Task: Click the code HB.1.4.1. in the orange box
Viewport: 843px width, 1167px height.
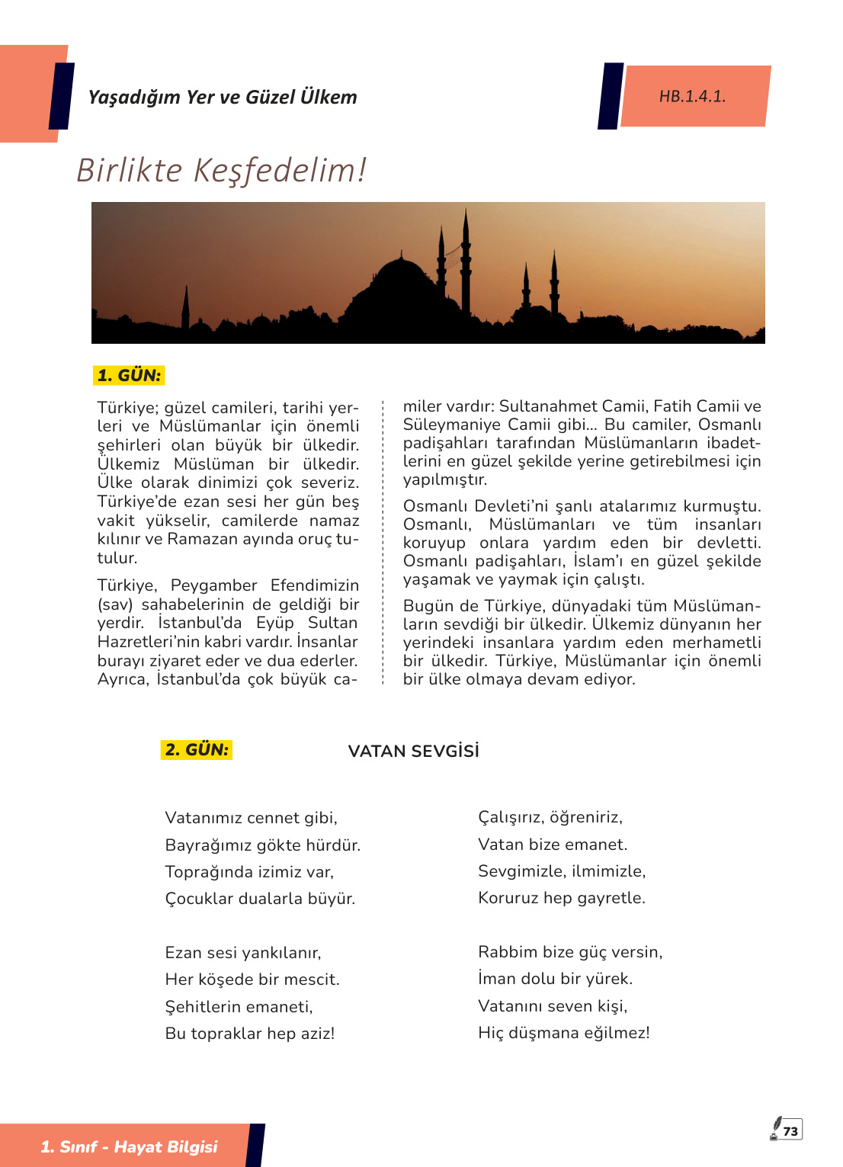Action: coord(692,97)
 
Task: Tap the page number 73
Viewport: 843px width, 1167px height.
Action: coord(791,1131)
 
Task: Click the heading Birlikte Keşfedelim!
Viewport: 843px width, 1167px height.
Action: coord(222,170)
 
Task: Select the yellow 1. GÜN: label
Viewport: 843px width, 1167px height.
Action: coord(129,375)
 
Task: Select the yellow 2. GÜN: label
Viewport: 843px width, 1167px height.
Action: coord(197,749)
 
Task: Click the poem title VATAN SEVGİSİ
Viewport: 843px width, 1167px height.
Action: coord(413,752)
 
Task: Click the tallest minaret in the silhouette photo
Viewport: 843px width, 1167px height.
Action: coord(466,259)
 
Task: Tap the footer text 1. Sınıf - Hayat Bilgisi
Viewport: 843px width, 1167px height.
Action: coord(129,1146)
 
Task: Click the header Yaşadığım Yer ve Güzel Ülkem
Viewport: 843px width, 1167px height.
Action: coord(223,98)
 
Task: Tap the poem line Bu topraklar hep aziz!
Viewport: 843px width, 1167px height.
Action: coord(250,1034)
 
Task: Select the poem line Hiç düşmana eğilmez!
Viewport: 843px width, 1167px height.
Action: coord(564,1033)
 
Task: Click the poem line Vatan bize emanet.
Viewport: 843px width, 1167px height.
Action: coord(553,845)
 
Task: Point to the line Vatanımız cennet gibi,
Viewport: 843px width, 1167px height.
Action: coord(252,818)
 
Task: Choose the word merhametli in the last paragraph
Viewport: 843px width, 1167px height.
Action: coord(716,643)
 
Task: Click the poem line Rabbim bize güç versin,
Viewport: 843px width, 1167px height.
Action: coord(570,952)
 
